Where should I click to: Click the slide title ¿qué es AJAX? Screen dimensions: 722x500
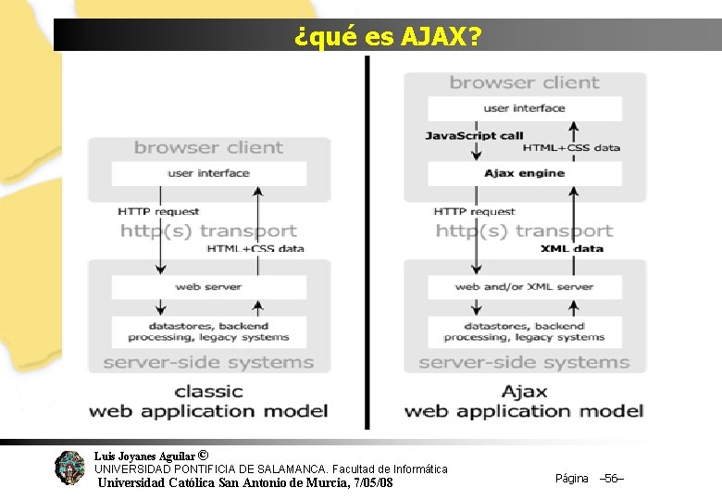click(x=387, y=37)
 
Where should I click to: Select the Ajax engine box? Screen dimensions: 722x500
click(x=524, y=173)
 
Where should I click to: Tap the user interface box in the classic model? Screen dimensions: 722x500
click(x=208, y=173)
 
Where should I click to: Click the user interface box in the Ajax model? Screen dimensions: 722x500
click(x=524, y=108)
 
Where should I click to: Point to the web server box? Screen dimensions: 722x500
click(x=208, y=287)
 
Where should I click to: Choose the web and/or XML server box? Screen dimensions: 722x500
click(x=524, y=287)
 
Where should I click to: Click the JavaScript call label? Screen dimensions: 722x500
click(x=474, y=136)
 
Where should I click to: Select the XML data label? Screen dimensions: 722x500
click(x=571, y=248)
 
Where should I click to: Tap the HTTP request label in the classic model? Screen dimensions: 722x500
click(x=158, y=212)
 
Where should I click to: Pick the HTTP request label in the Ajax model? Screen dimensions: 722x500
click(x=474, y=212)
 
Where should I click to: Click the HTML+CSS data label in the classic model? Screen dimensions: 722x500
click(x=255, y=248)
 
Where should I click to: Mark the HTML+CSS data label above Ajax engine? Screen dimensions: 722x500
click(x=571, y=147)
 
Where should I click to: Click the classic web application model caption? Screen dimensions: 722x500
click(x=208, y=401)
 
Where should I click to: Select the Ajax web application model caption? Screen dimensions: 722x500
click(x=524, y=401)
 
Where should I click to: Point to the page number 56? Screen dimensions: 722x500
click(x=612, y=479)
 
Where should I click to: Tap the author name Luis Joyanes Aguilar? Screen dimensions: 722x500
click(x=144, y=456)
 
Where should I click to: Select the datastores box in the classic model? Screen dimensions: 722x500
click(x=208, y=331)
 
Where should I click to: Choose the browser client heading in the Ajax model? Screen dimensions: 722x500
click(x=524, y=83)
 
